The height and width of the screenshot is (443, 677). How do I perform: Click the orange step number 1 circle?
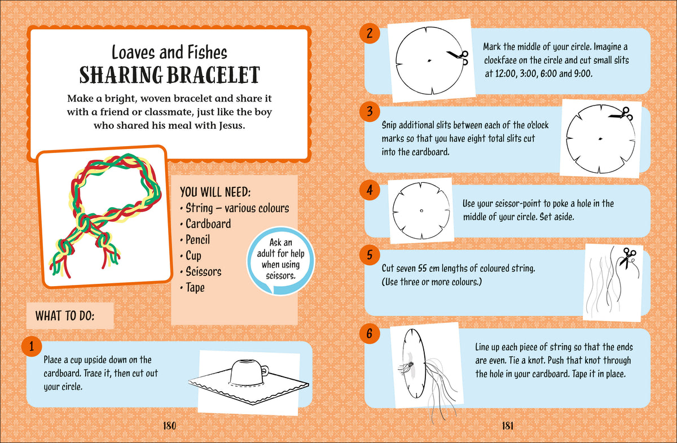click(32, 346)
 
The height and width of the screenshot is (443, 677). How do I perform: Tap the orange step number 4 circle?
click(370, 190)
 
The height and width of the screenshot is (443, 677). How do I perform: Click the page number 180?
click(169, 426)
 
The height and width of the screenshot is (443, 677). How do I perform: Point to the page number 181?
click(507, 426)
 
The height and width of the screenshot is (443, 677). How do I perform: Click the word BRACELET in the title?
click(213, 75)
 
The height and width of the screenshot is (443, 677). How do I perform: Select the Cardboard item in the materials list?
click(208, 224)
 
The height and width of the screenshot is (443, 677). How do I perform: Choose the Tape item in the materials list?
click(195, 287)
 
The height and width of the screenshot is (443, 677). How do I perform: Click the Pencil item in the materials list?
click(197, 240)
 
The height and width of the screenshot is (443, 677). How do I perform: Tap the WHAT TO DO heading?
click(65, 316)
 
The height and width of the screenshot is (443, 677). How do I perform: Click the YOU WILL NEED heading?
click(215, 192)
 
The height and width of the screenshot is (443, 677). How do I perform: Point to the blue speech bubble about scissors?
click(281, 261)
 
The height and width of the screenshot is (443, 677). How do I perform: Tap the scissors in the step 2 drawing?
click(458, 57)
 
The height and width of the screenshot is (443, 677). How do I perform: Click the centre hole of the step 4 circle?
click(421, 210)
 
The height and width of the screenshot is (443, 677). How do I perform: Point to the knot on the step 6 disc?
click(410, 365)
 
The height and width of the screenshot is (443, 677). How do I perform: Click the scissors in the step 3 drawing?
click(621, 115)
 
